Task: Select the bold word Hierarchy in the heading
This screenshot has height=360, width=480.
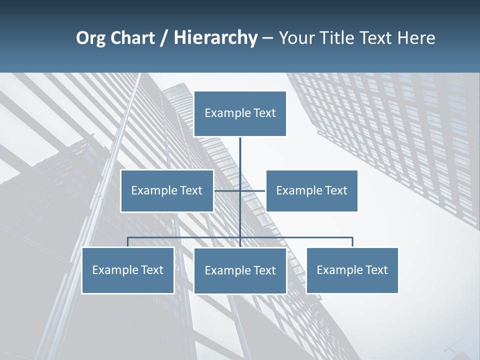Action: click(x=215, y=38)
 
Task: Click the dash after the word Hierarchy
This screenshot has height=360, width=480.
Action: click(x=267, y=38)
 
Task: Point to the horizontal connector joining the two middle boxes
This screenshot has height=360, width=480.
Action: click(x=252, y=190)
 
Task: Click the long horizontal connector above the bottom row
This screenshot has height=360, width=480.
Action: click(x=185, y=237)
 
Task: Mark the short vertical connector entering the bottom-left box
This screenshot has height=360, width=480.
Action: click(x=127, y=242)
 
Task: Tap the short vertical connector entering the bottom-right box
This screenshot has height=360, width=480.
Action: click(x=352, y=242)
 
